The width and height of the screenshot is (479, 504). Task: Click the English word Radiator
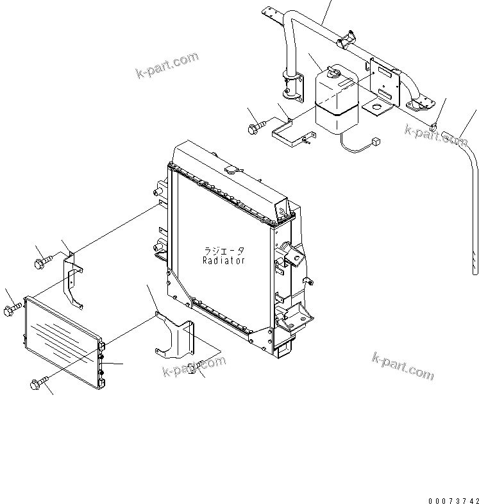[224, 261]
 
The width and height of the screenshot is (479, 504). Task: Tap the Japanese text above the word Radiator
[224, 251]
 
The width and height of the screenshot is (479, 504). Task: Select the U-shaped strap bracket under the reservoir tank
[292, 137]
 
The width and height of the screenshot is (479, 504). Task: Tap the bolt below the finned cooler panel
[39, 383]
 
